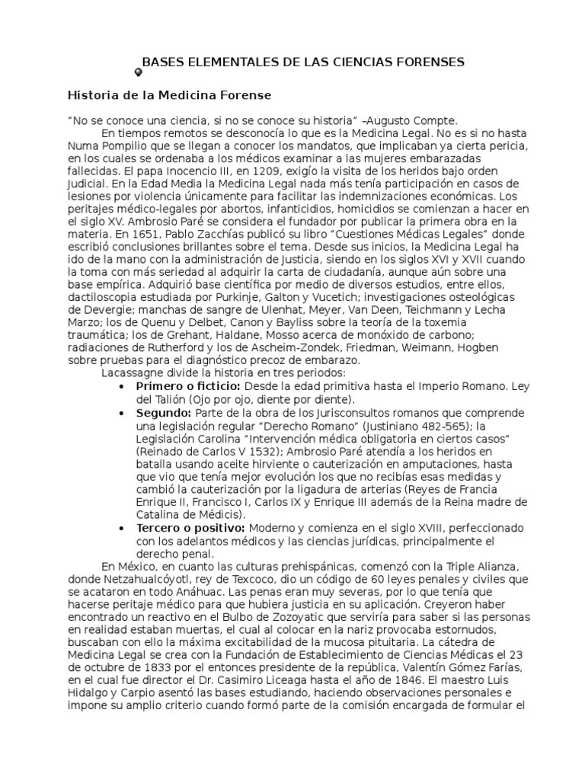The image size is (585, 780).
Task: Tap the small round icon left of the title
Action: [x=138, y=71]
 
